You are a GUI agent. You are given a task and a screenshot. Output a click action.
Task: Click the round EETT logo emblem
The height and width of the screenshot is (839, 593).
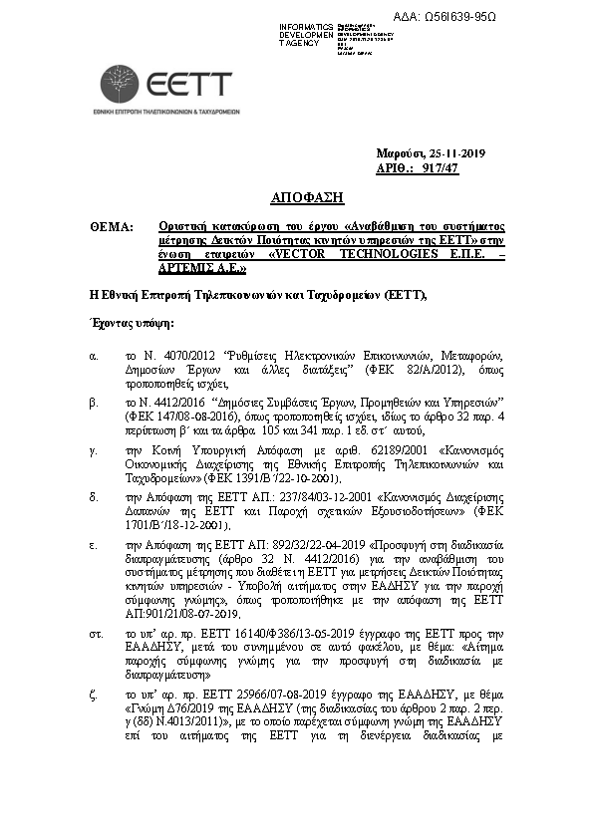(x=120, y=85)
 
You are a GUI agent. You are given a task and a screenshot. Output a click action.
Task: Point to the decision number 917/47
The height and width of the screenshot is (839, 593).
(x=442, y=168)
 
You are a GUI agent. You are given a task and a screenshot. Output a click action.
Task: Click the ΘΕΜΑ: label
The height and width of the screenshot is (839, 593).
(x=111, y=227)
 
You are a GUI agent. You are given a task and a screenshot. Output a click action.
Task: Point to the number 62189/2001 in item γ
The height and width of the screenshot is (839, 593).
(x=378, y=450)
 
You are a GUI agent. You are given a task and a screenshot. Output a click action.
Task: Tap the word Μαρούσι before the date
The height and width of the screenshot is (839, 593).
(x=400, y=153)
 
